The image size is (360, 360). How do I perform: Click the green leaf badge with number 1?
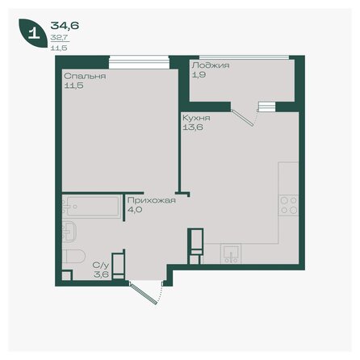pos(32,33)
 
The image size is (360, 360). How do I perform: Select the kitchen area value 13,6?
pos(192,127)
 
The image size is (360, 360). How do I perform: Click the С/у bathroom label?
pos(100,264)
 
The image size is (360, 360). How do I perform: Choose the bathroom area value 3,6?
pos(99,274)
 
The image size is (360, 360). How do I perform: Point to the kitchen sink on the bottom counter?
pos(232,255)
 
